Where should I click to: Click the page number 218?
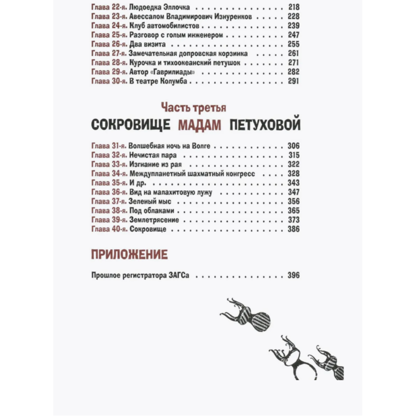click(293, 7)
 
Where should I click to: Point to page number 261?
click(293, 54)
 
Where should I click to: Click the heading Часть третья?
click(194, 108)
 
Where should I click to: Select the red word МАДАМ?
click(199, 125)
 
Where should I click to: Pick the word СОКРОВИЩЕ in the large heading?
click(130, 125)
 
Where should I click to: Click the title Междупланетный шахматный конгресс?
click(192, 173)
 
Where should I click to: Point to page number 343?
click(293, 183)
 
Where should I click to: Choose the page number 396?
click(293, 275)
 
